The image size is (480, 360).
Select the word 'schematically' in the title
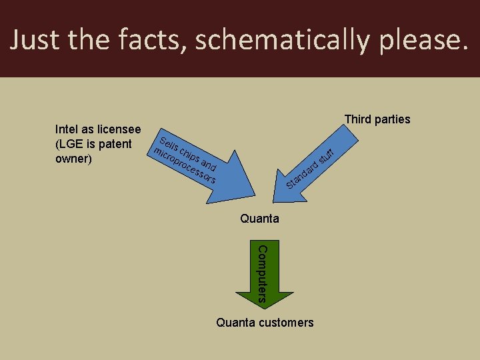click(285, 41)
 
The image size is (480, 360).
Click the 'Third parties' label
click(377, 119)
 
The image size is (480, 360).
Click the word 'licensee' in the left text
click(119, 129)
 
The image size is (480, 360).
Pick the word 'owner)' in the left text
click(73, 160)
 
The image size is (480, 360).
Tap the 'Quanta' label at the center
click(259, 219)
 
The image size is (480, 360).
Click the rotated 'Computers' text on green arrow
click(261, 274)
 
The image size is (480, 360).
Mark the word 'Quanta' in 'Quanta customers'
click(234, 323)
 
